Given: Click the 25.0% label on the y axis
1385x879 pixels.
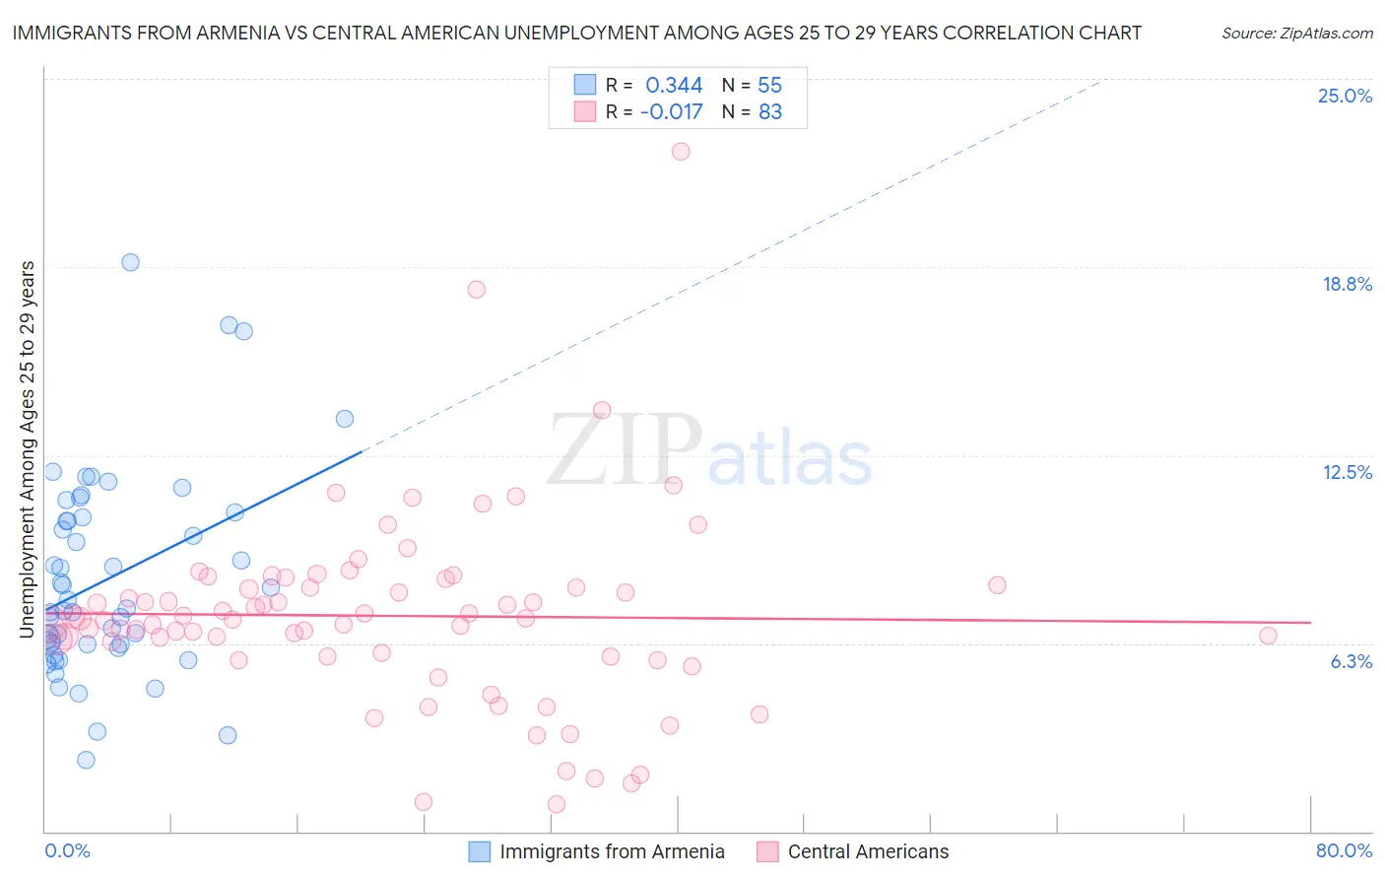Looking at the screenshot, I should (x=1345, y=96).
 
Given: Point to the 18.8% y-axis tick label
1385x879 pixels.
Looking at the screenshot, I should (x=1347, y=284).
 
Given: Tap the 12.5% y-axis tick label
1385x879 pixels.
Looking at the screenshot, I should (x=1347, y=472).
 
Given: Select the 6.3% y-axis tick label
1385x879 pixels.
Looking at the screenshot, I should (x=1351, y=661).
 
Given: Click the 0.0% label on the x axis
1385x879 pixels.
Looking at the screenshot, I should (x=67, y=850).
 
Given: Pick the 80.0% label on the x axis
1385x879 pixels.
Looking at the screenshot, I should (x=1344, y=850).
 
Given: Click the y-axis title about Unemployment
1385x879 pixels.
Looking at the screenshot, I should (x=28, y=449).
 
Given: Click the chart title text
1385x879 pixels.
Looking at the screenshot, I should (x=577, y=33).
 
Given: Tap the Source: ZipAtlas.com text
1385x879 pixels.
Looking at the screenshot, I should (x=1296, y=33).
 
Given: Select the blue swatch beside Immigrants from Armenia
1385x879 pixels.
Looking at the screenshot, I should (x=480, y=851).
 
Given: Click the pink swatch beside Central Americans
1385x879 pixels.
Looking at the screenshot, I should (x=767, y=851).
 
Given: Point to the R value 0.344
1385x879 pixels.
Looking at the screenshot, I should (x=674, y=86).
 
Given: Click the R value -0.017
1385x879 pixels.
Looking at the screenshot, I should (x=671, y=112).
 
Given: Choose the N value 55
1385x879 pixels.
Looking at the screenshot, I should (x=769, y=86).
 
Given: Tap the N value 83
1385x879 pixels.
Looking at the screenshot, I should (x=769, y=112).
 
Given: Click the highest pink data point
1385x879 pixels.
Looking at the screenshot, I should (x=681, y=152).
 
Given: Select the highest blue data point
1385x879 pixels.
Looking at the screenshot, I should (x=130, y=262).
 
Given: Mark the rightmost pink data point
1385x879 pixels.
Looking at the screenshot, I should (x=1268, y=636).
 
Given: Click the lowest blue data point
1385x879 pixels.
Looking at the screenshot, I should (x=86, y=760).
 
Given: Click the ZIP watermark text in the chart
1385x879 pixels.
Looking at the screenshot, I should (x=625, y=450).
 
